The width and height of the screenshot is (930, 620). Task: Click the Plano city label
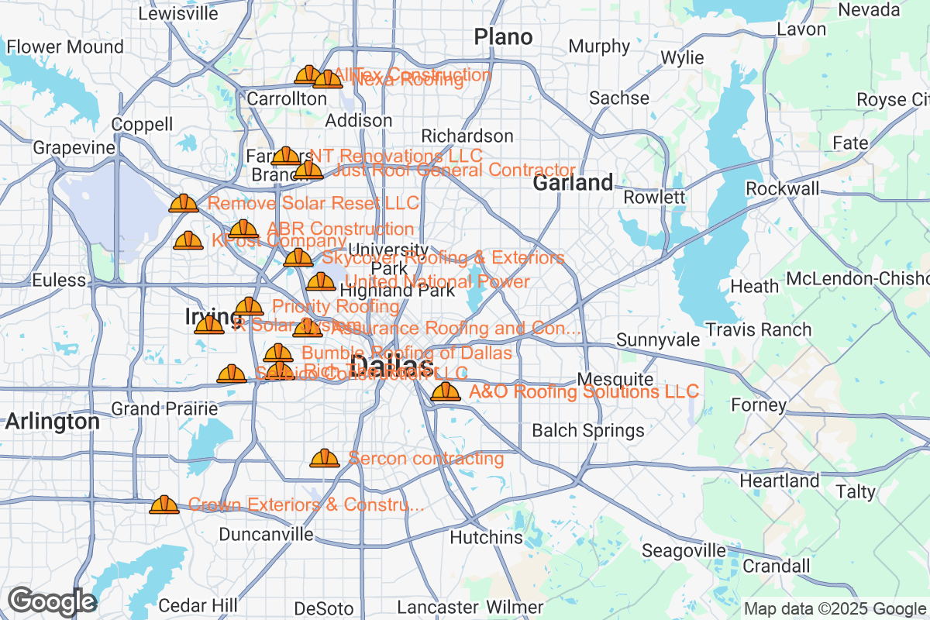click(503, 36)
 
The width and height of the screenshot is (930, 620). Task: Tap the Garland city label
click(573, 183)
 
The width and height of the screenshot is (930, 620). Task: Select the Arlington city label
click(52, 422)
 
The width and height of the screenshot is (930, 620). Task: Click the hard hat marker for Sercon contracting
click(325, 459)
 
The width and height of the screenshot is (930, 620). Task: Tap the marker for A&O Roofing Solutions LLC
click(446, 392)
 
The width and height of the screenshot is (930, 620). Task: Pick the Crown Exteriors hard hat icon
click(164, 505)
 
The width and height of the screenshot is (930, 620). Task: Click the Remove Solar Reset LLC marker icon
click(184, 204)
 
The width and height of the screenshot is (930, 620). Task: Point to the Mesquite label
click(615, 380)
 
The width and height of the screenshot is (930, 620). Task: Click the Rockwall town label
click(782, 189)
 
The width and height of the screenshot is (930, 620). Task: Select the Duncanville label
click(266, 535)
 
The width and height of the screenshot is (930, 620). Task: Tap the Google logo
click(52, 601)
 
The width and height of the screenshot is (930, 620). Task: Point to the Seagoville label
click(684, 551)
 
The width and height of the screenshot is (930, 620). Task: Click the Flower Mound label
click(65, 47)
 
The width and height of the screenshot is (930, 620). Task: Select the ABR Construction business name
click(340, 229)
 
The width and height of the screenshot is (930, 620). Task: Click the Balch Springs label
click(587, 431)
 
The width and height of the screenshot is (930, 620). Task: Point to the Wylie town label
click(682, 58)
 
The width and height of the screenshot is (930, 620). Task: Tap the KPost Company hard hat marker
click(188, 241)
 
